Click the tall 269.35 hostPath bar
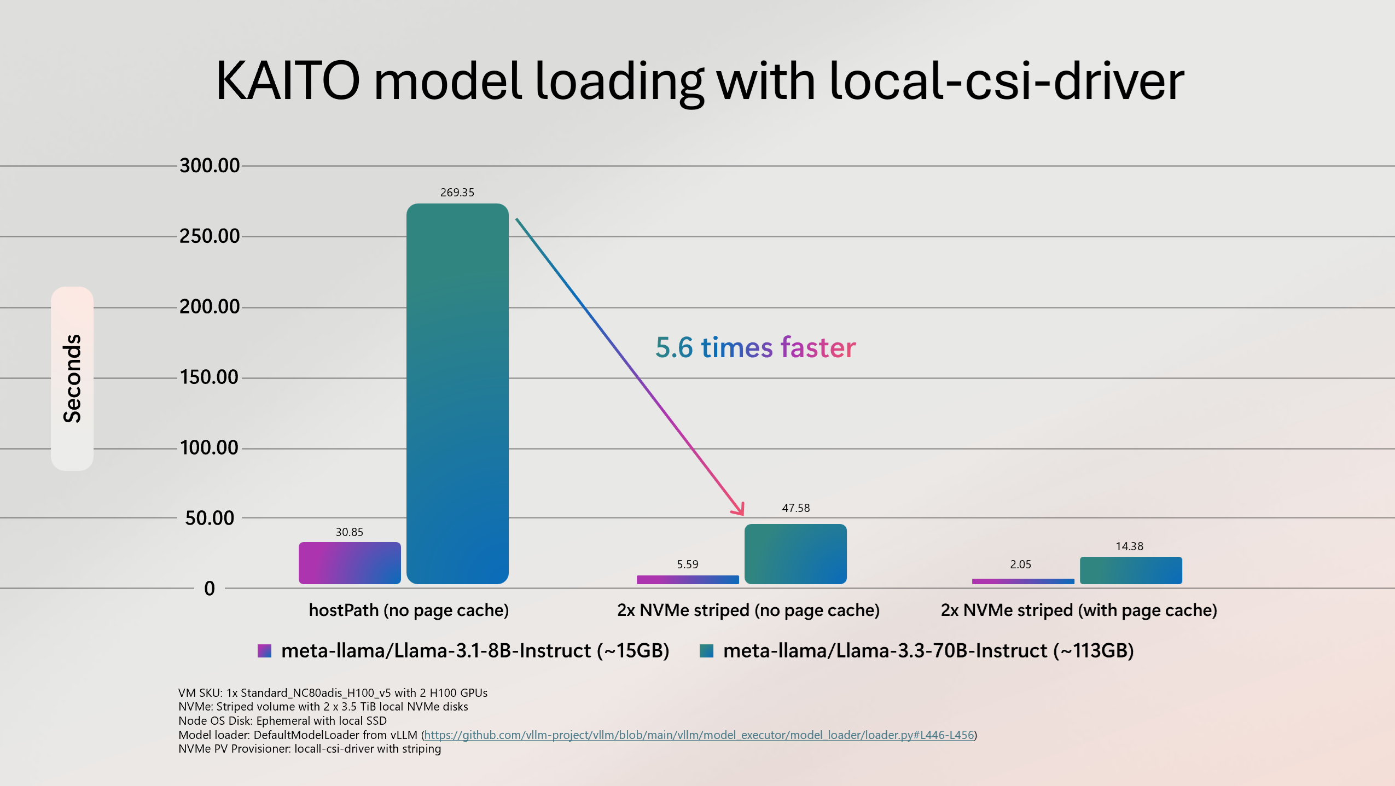[457, 394]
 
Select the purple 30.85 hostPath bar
[350, 563]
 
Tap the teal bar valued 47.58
[795, 554]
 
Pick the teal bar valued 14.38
[1131, 570]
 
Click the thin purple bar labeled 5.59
[688, 579]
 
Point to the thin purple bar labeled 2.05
[1022, 581]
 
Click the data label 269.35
[457, 193]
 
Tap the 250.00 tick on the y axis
[210, 236]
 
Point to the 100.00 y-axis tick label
[210, 448]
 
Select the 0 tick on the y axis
[210, 589]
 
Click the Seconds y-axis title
[72, 379]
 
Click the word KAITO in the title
[288, 81]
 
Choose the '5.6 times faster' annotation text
[755, 347]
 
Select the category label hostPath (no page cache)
[409, 610]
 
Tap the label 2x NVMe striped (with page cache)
[1079, 610]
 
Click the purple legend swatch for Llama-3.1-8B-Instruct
[265, 651]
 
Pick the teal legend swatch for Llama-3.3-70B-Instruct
[707, 651]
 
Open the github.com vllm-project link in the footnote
[699, 735]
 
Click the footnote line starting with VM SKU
[333, 693]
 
